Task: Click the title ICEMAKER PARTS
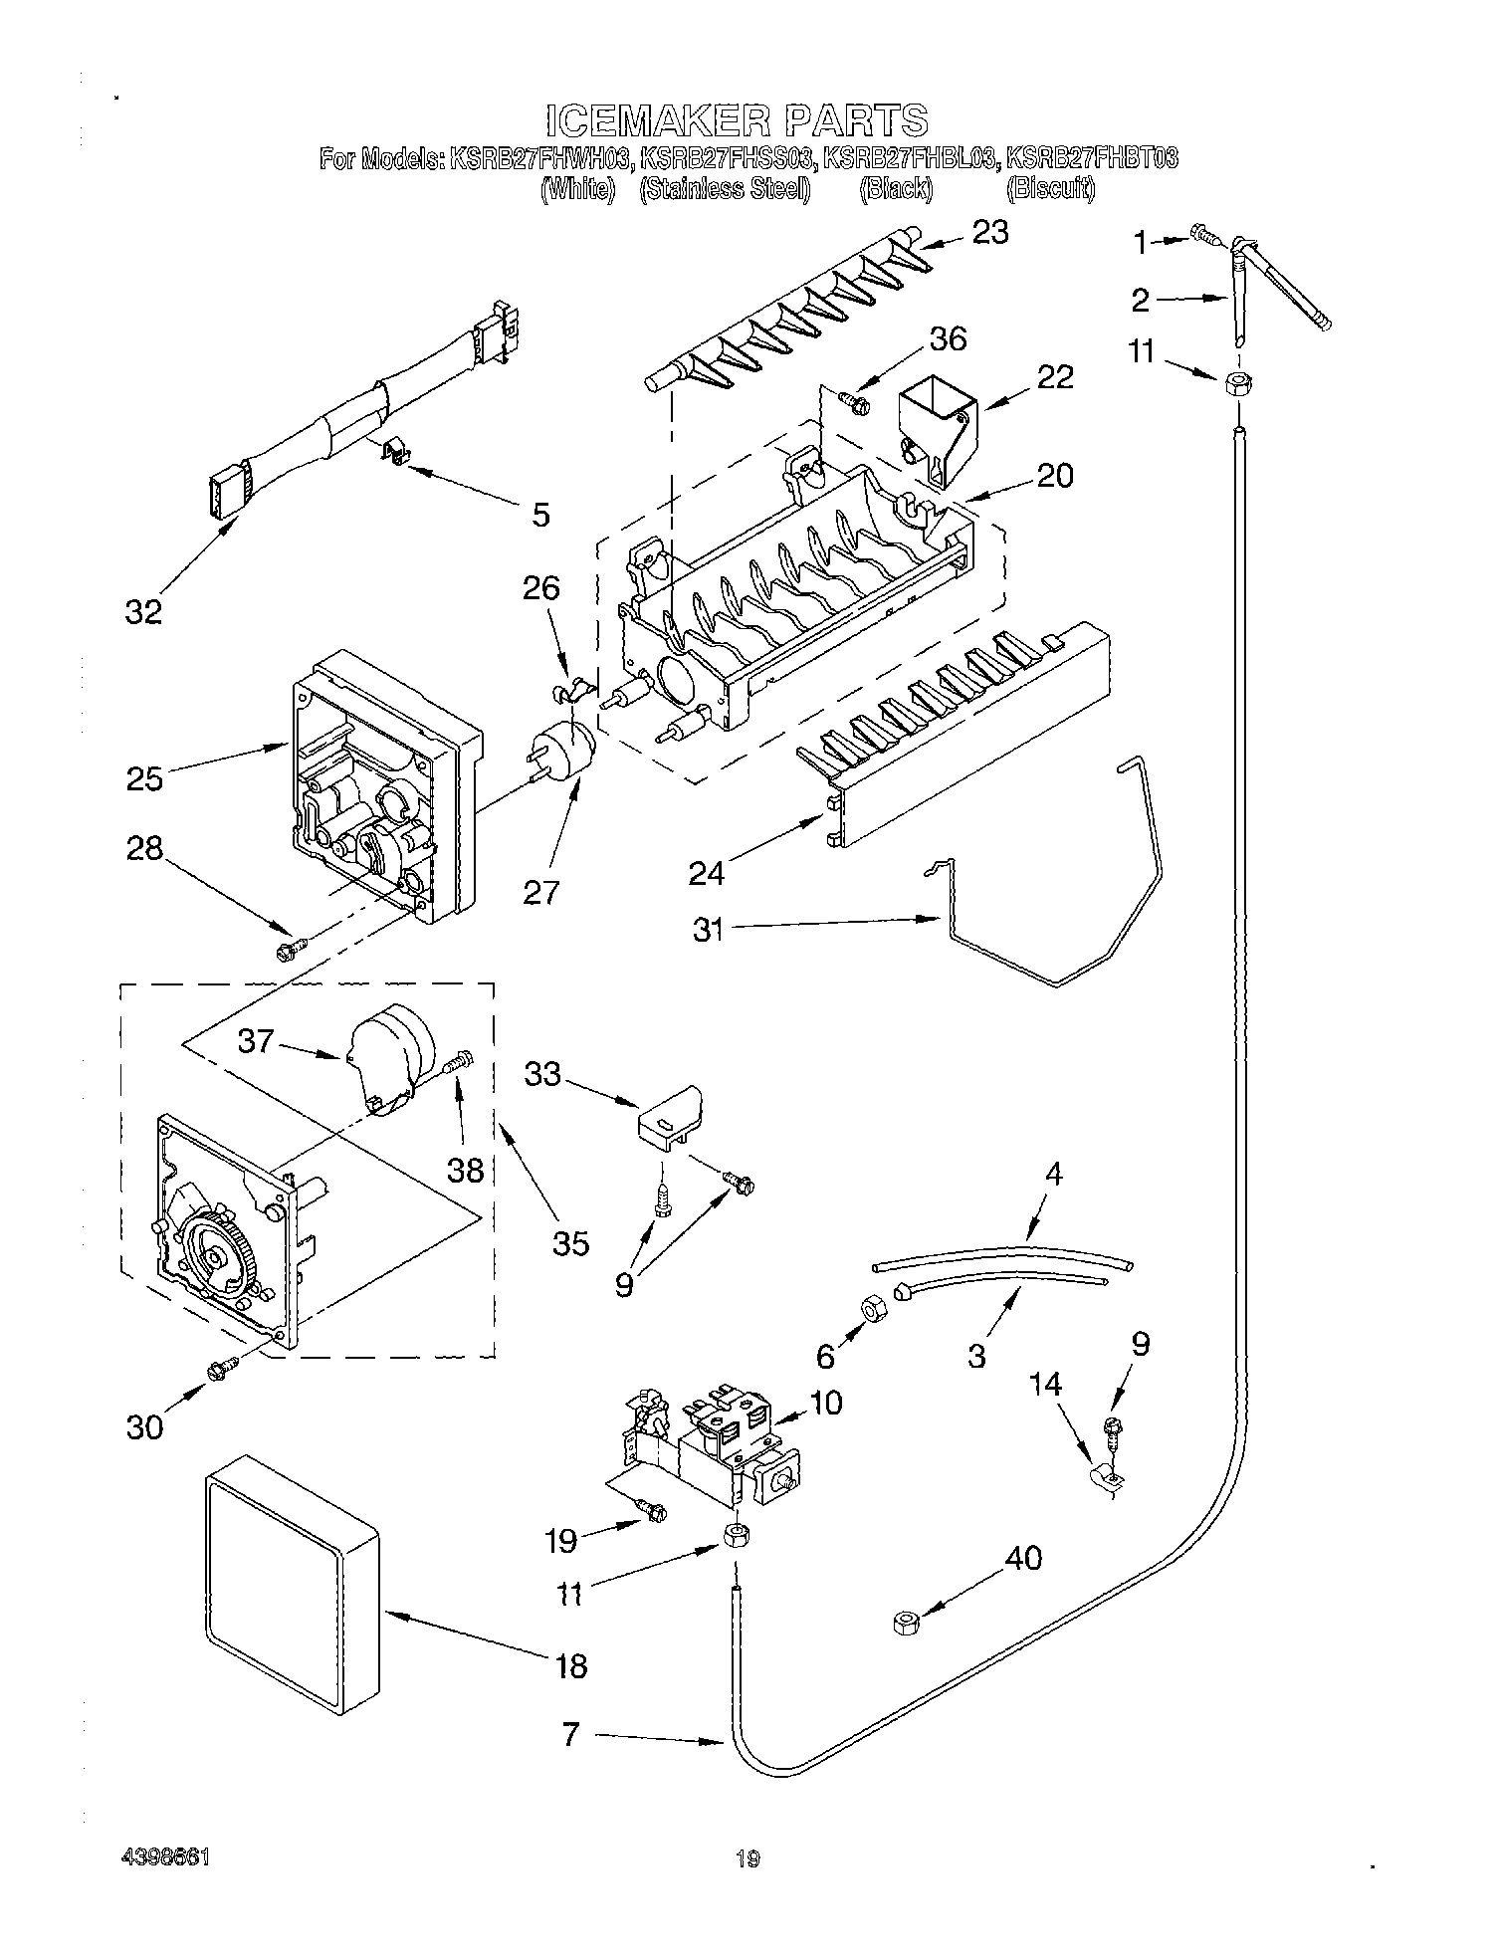737,120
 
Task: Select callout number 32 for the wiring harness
143,611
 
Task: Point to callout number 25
144,777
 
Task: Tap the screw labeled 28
289,951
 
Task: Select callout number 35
571,1242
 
